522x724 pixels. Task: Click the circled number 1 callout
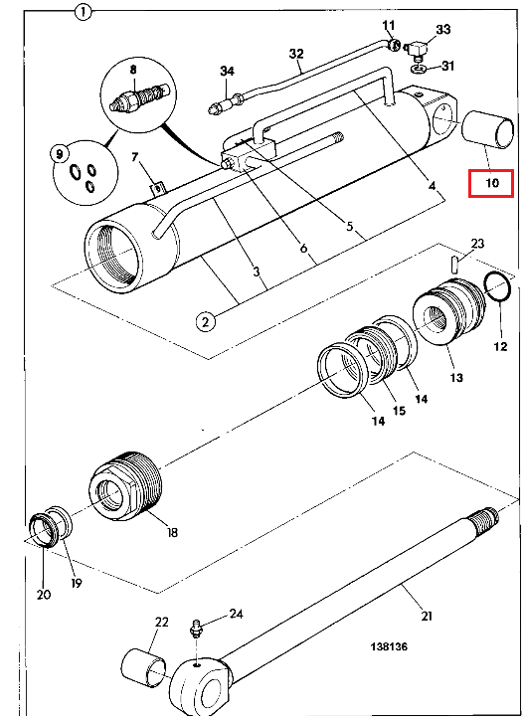coord(84,12)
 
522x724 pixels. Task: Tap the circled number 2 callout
coord(206,320)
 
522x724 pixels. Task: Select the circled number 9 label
coord(60,153)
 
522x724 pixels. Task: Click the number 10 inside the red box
coord(492,183)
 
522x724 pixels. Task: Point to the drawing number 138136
coord(389,646)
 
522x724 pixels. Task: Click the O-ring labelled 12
coord(497,287)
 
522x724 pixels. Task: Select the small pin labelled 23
coord(454,265)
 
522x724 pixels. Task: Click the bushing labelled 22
coord(143,667)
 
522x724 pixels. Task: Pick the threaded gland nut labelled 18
coord(124,486)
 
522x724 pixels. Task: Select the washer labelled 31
coord(419,69)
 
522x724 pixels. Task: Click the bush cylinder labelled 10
coord(487,129)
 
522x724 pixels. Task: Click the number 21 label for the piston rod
coord(426,616)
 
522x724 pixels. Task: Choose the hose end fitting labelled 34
coord(225,103)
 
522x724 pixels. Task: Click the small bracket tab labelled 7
coord(157,189)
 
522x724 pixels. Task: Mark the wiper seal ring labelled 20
coord(44,530)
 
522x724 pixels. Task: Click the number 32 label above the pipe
coord(296,54)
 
